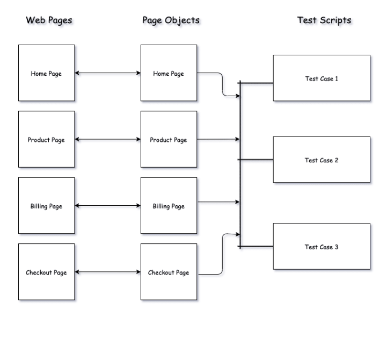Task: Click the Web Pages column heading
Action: tap(49, 20)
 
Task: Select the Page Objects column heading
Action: tap(171, 20)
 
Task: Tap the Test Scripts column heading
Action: tap(324, 20)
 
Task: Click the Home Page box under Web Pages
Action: tap(46, 73)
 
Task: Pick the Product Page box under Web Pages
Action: tap(46, 140)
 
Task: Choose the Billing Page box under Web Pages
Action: tap(46, 206)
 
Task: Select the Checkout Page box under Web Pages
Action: tap(46, 272)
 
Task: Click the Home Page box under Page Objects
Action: tap(169, 73)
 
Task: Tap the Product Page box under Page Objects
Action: tap(169, 140)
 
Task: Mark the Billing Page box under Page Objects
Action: tap(169, 206)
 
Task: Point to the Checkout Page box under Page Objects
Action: tap(169, 272)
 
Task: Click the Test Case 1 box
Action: tap(321, 78)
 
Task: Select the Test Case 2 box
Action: tap(321, 160)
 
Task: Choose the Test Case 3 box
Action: tap(321, 247)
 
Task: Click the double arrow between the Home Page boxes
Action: tap(107, 73)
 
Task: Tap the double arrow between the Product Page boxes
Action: tap(107, 140)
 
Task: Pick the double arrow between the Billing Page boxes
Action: tap(107, 206)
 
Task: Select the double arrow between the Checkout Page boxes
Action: tap(107, 272)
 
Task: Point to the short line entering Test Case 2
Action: tap(257, 160)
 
